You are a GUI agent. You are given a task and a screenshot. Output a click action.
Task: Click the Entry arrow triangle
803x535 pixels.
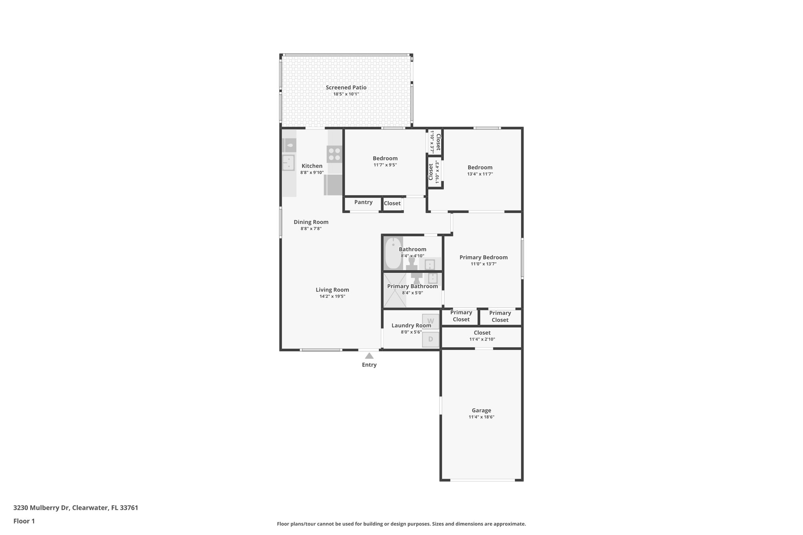click(369, 356)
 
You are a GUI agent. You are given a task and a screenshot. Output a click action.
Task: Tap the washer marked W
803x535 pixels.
click(431, 321)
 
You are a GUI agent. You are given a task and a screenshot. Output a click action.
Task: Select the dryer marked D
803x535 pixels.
click(431, 339)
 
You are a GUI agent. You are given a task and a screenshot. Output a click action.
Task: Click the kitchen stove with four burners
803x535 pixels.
click(334, 154)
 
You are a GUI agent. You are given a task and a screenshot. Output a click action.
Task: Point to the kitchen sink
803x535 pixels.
click(289, 163)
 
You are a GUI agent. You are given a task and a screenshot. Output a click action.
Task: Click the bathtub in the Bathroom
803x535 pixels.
click(393, 253)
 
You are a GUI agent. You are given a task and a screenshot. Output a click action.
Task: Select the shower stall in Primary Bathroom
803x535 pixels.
click(395, 290)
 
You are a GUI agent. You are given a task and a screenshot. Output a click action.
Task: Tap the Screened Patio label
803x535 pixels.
click(346, 87)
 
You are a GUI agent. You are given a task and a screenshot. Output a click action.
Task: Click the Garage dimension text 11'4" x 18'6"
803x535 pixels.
click(481, 417)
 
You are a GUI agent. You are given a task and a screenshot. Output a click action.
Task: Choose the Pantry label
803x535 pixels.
click(363, 202)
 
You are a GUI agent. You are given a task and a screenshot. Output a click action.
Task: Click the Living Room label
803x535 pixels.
click(332, 290)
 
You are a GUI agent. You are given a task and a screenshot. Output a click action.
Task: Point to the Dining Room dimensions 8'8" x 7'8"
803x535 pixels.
click(311, 229)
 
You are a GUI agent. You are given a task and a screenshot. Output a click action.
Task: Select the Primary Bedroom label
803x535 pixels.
click(483, 257)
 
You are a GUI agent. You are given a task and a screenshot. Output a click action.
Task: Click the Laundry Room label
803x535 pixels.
click(411, 325)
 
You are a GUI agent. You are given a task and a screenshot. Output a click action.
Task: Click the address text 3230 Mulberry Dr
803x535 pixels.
click(41, 508)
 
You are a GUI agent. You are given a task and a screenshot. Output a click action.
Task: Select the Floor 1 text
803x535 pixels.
click(24, 521)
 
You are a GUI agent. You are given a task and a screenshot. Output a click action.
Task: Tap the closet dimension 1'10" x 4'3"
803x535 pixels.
click(437, 172)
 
